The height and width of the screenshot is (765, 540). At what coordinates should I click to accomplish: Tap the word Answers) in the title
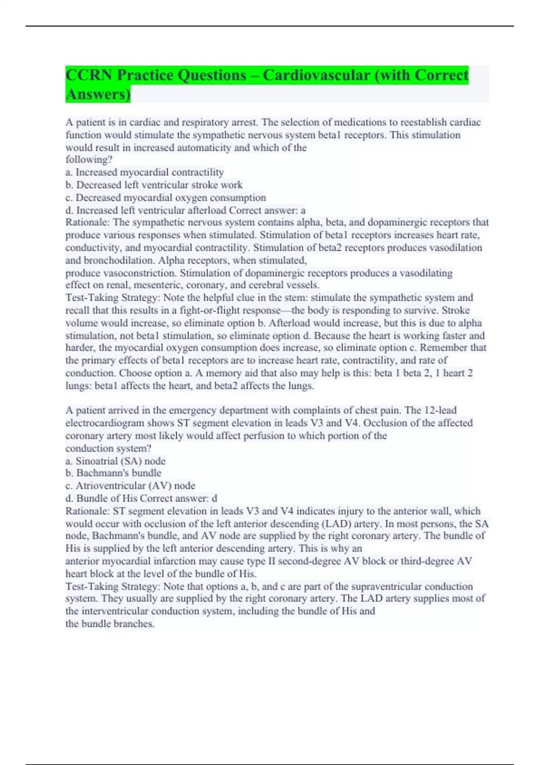98,94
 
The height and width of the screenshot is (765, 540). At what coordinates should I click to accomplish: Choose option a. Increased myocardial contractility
144,172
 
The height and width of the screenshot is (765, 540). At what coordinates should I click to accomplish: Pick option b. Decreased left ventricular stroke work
154,185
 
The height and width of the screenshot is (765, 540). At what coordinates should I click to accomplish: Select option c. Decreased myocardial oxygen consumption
166,198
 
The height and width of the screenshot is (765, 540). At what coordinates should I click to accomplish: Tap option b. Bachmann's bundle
113,473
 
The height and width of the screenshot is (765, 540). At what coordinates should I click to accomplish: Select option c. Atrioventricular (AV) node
130,486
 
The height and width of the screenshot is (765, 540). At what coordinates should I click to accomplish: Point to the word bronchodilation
118,261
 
